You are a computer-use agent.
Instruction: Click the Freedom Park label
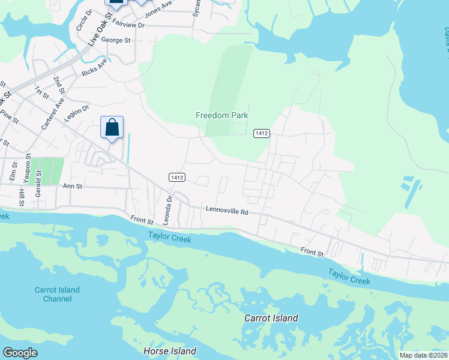pyautogui.click(x=221, y=115)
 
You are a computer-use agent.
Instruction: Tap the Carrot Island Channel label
pyautogui.click(x=57, y=294)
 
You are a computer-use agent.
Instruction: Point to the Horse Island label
pyautogui.click(x=170, y=350)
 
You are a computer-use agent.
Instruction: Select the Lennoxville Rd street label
pyautogui.click(x=227, y=211)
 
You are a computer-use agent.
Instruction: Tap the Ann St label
pyautogui.click(x=71, y=187)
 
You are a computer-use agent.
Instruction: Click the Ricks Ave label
pyautogui.click(x=95, y=68)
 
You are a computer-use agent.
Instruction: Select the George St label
pyautogui.click(x=116, y=40)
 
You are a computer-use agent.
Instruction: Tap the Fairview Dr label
pyautogui.click(x=128, y=25)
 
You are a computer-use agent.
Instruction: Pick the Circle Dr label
pyautogui.click(x=80, y=20)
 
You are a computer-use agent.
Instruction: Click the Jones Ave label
pyautogui.click(x=158, y=7)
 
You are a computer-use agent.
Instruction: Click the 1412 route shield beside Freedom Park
pyautogui.click(x=261, y=133)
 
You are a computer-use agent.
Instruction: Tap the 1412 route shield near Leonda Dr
pyautogui.click(x=176, y=177)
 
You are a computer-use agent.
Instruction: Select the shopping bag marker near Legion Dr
pyautogui.click(x=112, y=128)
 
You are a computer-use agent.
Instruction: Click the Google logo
pyautogui.click(x=20, y=352)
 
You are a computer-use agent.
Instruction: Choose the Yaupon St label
pyautogui.click(x=28, y=167)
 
